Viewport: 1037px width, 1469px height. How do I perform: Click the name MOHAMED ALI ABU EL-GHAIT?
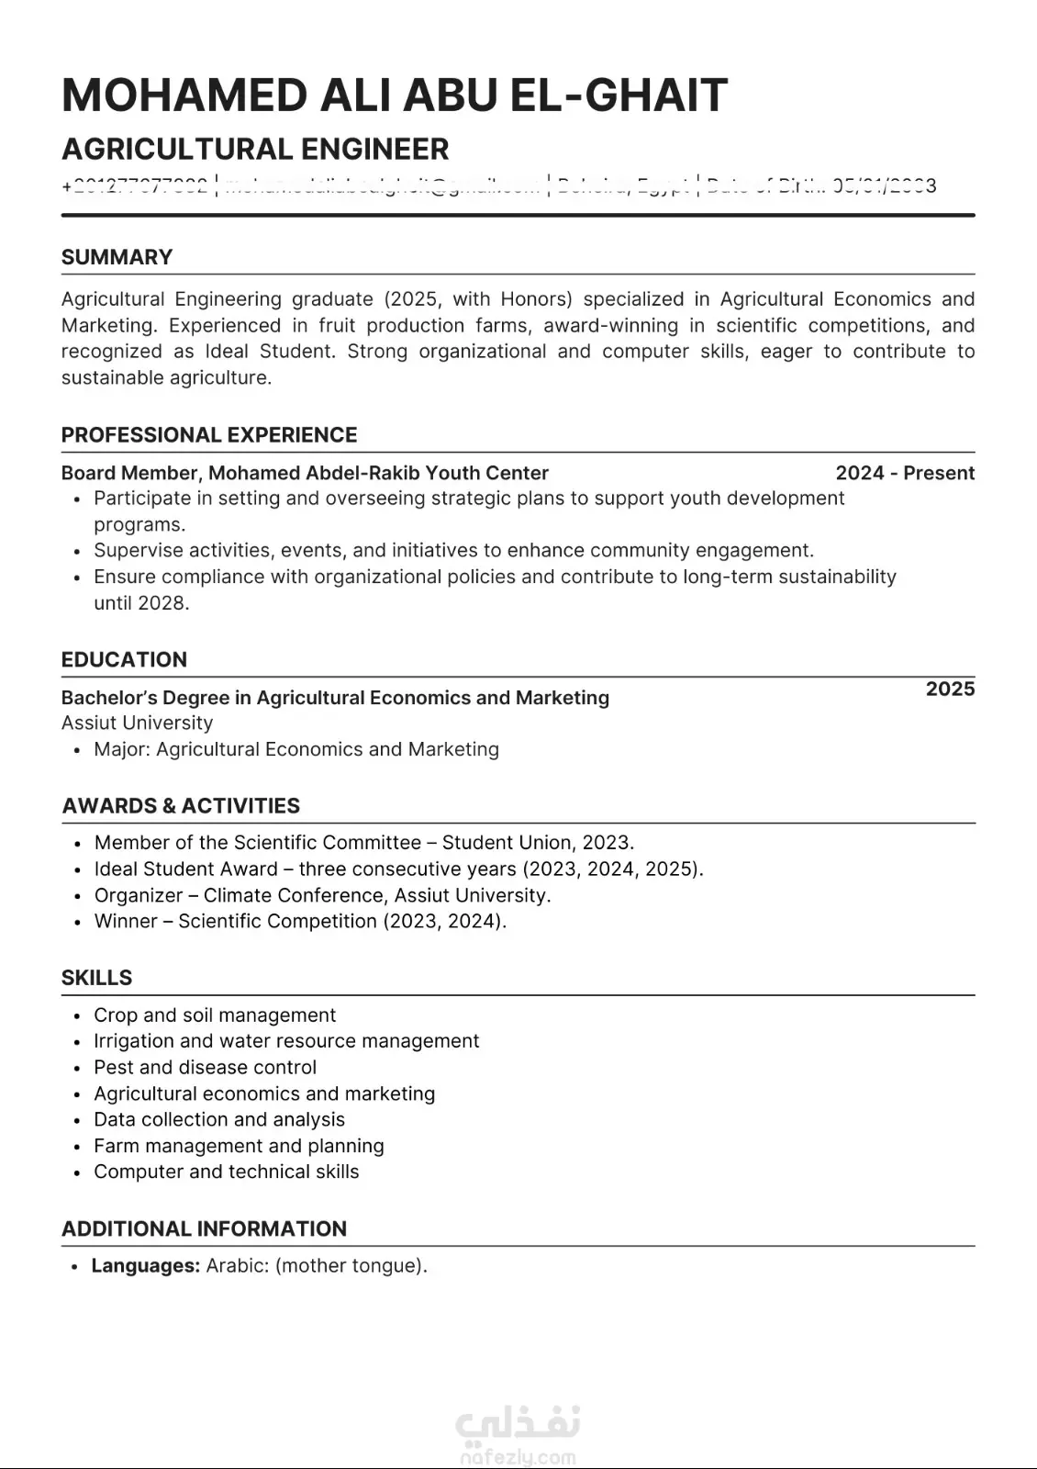[x=395, y=95]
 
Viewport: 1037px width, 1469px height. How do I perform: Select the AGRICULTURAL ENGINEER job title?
[x=255, y=149]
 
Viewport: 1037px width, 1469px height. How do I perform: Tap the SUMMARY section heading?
[x=117, y=257]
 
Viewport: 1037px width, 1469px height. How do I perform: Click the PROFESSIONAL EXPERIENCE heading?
[x=209, y=435]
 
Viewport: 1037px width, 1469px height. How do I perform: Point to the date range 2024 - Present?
[x=904, y=473]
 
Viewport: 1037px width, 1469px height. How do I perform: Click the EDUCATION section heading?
[x=124, y=659]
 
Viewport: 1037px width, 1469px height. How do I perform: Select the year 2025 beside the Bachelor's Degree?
[x=950, y=690]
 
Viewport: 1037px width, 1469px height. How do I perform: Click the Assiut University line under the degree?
[x=137, y=723]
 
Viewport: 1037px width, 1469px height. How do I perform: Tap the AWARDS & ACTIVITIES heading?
[x=181, y=806]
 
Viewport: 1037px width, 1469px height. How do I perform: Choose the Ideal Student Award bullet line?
[x=398, y=869]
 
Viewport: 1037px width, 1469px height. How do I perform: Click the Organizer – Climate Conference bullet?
[x=322, y=895]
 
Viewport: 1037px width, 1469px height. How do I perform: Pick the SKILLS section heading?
[x=96, y=978]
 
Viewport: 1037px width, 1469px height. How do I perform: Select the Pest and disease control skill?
[x=205, y=1068]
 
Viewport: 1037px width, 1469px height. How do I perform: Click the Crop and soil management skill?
[x=215, y=1015]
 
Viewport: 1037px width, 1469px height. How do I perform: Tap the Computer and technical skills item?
[x=226, y=1172]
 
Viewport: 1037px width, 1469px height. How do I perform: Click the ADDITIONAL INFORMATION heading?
[x=204, y=1229]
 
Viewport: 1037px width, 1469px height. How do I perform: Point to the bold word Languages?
[x=146, y=1266]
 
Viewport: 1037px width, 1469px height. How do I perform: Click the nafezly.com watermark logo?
[x=518, y=1437]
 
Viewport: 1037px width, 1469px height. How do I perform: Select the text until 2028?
[x=141, y=603]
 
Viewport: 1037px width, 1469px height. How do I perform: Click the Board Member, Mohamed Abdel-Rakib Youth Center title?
[x=305, y=473]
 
